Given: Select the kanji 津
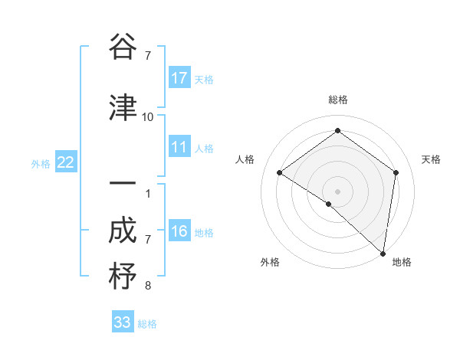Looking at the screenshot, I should (123, 107).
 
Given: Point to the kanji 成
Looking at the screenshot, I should (123, 230).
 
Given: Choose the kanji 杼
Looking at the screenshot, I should (123, 276).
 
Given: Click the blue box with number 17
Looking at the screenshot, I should (179, 77).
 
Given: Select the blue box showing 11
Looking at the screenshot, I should (179, 147).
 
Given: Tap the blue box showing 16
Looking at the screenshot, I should (179, 231).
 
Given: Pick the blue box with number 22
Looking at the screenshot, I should (66, 162).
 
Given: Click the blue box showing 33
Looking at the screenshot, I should (123, 322).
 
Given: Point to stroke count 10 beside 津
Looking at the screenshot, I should (148, 116).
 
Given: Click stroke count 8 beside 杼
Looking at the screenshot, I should (148, 286).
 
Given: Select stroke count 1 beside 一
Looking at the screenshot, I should (148, 193).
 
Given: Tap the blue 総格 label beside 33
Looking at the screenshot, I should (147, 324).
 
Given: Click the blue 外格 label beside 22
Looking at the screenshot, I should (41, 163).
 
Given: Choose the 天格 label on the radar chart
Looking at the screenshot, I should (431, 159).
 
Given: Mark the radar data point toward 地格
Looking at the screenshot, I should (383, 253).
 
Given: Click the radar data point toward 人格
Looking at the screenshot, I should (280, 172).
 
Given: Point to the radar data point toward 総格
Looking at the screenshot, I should (337, 131).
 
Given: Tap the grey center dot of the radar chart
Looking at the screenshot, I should (337, 191).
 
